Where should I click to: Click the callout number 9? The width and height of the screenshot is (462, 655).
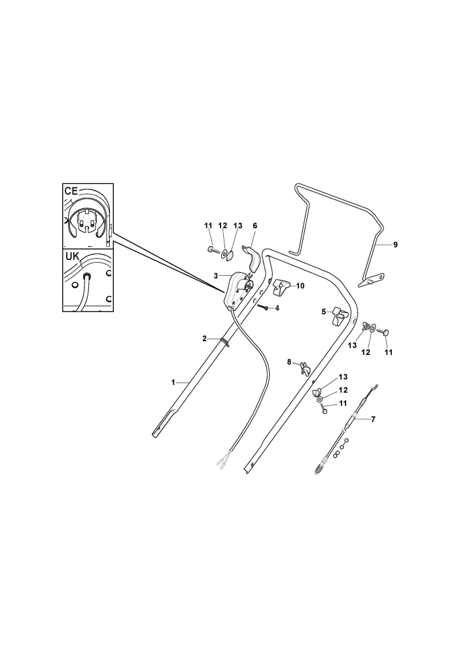click(x=395, y=245)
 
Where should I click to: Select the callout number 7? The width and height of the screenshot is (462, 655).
click(x=373, y=419)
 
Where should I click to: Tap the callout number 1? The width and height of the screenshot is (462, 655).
click(x=173, y=382)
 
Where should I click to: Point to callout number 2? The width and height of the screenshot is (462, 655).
click(x=205, y=339)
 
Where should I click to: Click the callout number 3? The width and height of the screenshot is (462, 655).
click(x=216, y=276)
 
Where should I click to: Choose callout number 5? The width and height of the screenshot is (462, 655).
click(x=323, y=311)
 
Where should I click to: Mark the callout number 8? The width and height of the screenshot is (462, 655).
click(x=289, y=362)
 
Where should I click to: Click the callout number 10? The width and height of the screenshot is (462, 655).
click(x=300, y=286)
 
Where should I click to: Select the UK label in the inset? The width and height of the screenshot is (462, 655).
click(x=72, y=257)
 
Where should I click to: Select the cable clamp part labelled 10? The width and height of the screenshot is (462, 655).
click(x=281, y=287)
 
